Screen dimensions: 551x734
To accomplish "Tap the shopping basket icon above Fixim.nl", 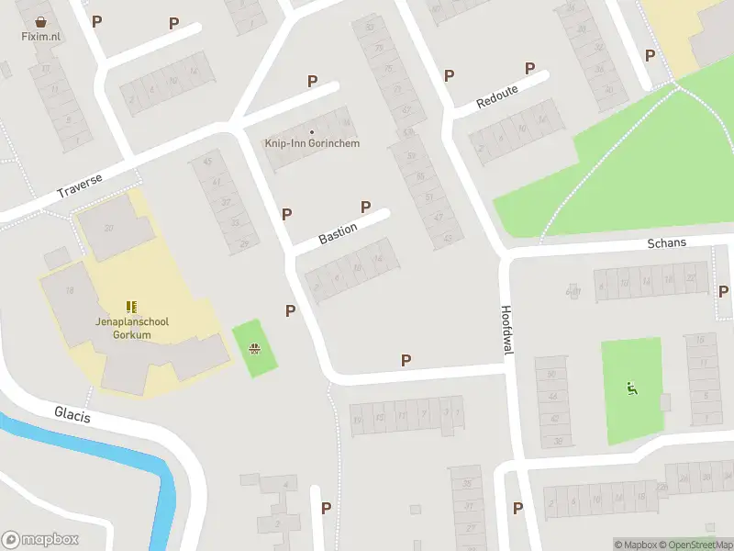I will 40,21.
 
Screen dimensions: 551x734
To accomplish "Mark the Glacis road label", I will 72,415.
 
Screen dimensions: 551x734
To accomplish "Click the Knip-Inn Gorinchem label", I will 312,143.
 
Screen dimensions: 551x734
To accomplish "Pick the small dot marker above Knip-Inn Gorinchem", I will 312,131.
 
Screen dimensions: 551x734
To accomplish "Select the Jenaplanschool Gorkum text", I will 131,328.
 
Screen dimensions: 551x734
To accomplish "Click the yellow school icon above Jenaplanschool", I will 131,306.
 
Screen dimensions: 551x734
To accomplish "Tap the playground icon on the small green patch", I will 254,348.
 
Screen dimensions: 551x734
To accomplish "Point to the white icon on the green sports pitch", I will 631,388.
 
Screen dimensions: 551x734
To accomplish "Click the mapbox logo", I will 40,540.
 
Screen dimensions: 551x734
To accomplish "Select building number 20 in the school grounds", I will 109,229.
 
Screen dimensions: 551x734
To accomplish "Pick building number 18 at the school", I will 69,290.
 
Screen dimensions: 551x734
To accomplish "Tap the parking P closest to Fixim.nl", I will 96,21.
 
